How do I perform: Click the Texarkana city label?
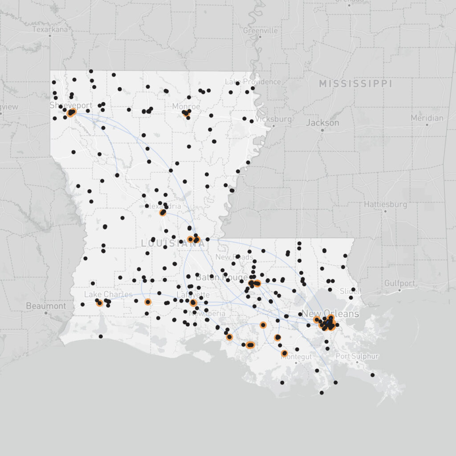click(x=50, y=29)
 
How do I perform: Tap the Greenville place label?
click(x=261, y=31)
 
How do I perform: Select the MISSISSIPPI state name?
click(x=355, y=84)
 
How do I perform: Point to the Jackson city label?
click(x=323, y=122)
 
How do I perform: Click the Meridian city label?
click(x=427, y=118)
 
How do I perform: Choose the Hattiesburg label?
click(x=385, y=205)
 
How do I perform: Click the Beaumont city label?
click(x=46, y=306)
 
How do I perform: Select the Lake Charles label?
click(x=108, y=295)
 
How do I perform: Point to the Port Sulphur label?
click(x=357, y=356)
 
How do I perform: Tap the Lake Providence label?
click(x=253, y=82)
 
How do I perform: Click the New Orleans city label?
click(x=330, y=314)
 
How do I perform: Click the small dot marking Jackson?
click(x=322, y=130)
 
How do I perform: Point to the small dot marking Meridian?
click(x=427, y=125)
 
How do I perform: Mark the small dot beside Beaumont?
click(x=46, y=313)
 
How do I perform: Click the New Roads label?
click(x=234, y=257)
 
